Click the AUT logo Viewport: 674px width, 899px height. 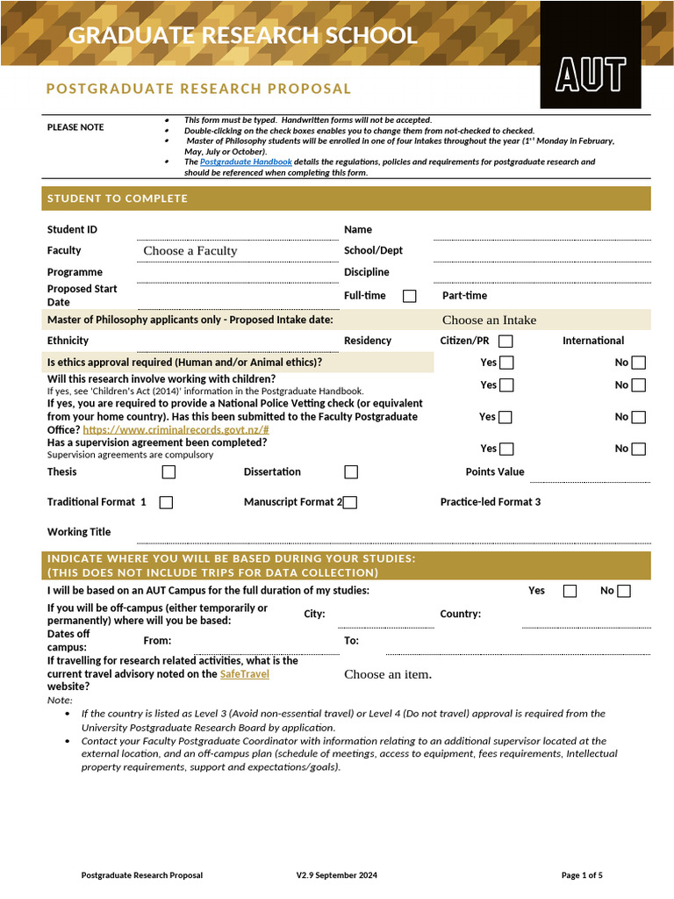tap(591, 75)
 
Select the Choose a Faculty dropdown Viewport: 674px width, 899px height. tap(190, 251)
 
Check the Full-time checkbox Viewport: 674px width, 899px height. tap(409, 296)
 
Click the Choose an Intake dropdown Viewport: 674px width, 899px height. tap(489, 320)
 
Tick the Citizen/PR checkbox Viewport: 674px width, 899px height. tap(505, 342)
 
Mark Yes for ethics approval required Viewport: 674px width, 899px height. tap(506, 363)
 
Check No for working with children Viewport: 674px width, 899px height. tap(638, 385)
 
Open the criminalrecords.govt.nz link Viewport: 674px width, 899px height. tap(176, 430)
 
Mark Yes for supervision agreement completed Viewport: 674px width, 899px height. tap(506, 449)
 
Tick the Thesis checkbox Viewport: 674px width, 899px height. tap(168, 472)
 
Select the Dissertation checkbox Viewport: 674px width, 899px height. tap(351, 472)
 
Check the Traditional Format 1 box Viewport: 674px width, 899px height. tap(166, 502)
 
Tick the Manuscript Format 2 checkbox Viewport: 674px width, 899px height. tap(350, 502)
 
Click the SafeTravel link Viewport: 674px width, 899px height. tap(244, 673)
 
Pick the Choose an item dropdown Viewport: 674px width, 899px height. tap(388, 674)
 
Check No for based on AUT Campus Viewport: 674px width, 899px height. tap(624, 591)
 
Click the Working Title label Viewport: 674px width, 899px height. tap(79, 532)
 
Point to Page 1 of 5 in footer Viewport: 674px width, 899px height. tap(582, 875)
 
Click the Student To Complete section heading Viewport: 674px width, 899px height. tap(117, 198)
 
